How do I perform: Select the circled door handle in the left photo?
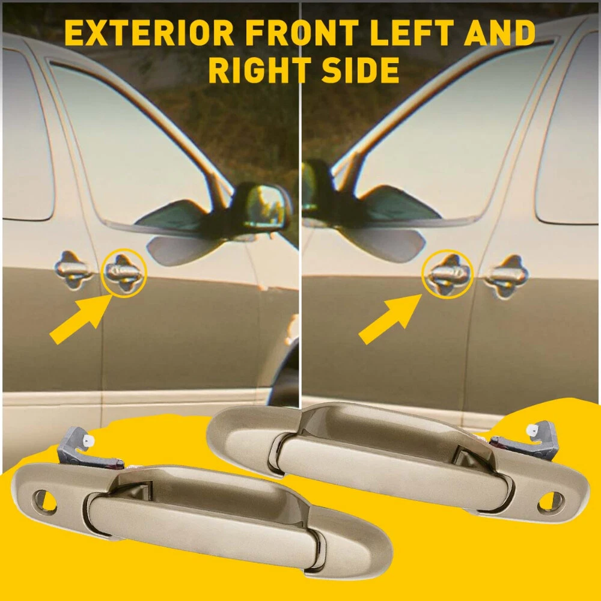(x=123, y=272)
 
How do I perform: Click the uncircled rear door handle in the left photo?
(x=73, y=270)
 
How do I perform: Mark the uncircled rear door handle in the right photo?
(x=506, y=276)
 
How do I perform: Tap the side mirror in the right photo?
(x=364, y=215)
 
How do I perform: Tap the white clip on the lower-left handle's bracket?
(x=88, y=444)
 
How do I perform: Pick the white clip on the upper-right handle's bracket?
(x=533, y=430)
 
